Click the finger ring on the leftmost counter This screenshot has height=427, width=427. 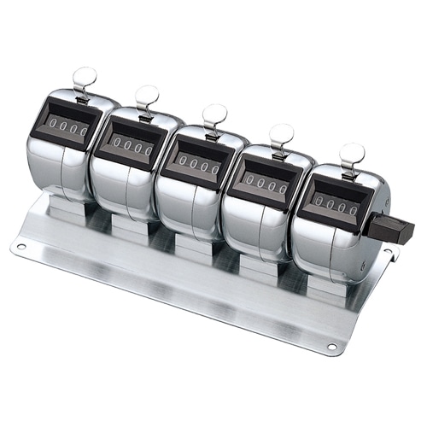(85, 78)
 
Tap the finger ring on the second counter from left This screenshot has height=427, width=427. (147, 94)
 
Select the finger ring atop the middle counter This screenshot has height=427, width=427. (214, 114)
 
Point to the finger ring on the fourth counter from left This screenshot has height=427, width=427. (281, 134)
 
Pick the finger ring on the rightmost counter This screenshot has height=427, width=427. (351, 155)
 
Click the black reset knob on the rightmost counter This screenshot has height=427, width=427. (395, 230)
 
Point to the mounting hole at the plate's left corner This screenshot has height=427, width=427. (20, 247)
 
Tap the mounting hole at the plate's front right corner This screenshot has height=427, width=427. (331, 348)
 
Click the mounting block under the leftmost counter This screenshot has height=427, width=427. (68, 208)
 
